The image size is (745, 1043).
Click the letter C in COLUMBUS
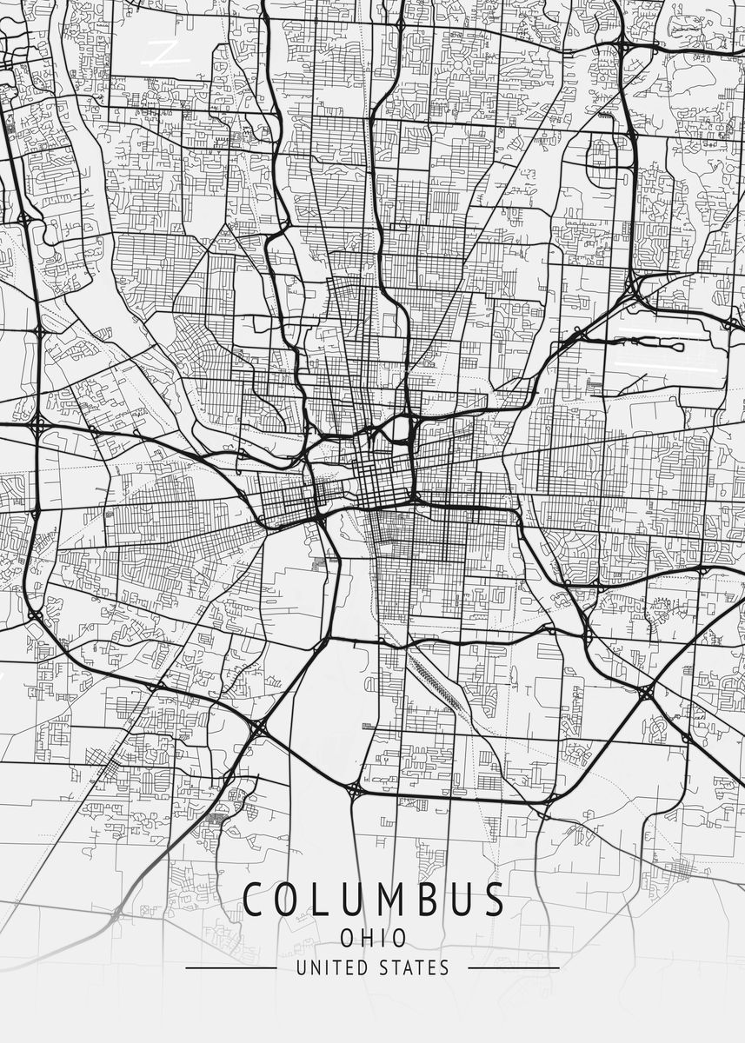point(256,900)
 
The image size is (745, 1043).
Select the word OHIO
point(373,938)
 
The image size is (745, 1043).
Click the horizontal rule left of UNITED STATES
point(231,967)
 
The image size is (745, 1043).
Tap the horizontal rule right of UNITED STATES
point(513,967)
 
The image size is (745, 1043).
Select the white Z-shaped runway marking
point(165,53)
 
